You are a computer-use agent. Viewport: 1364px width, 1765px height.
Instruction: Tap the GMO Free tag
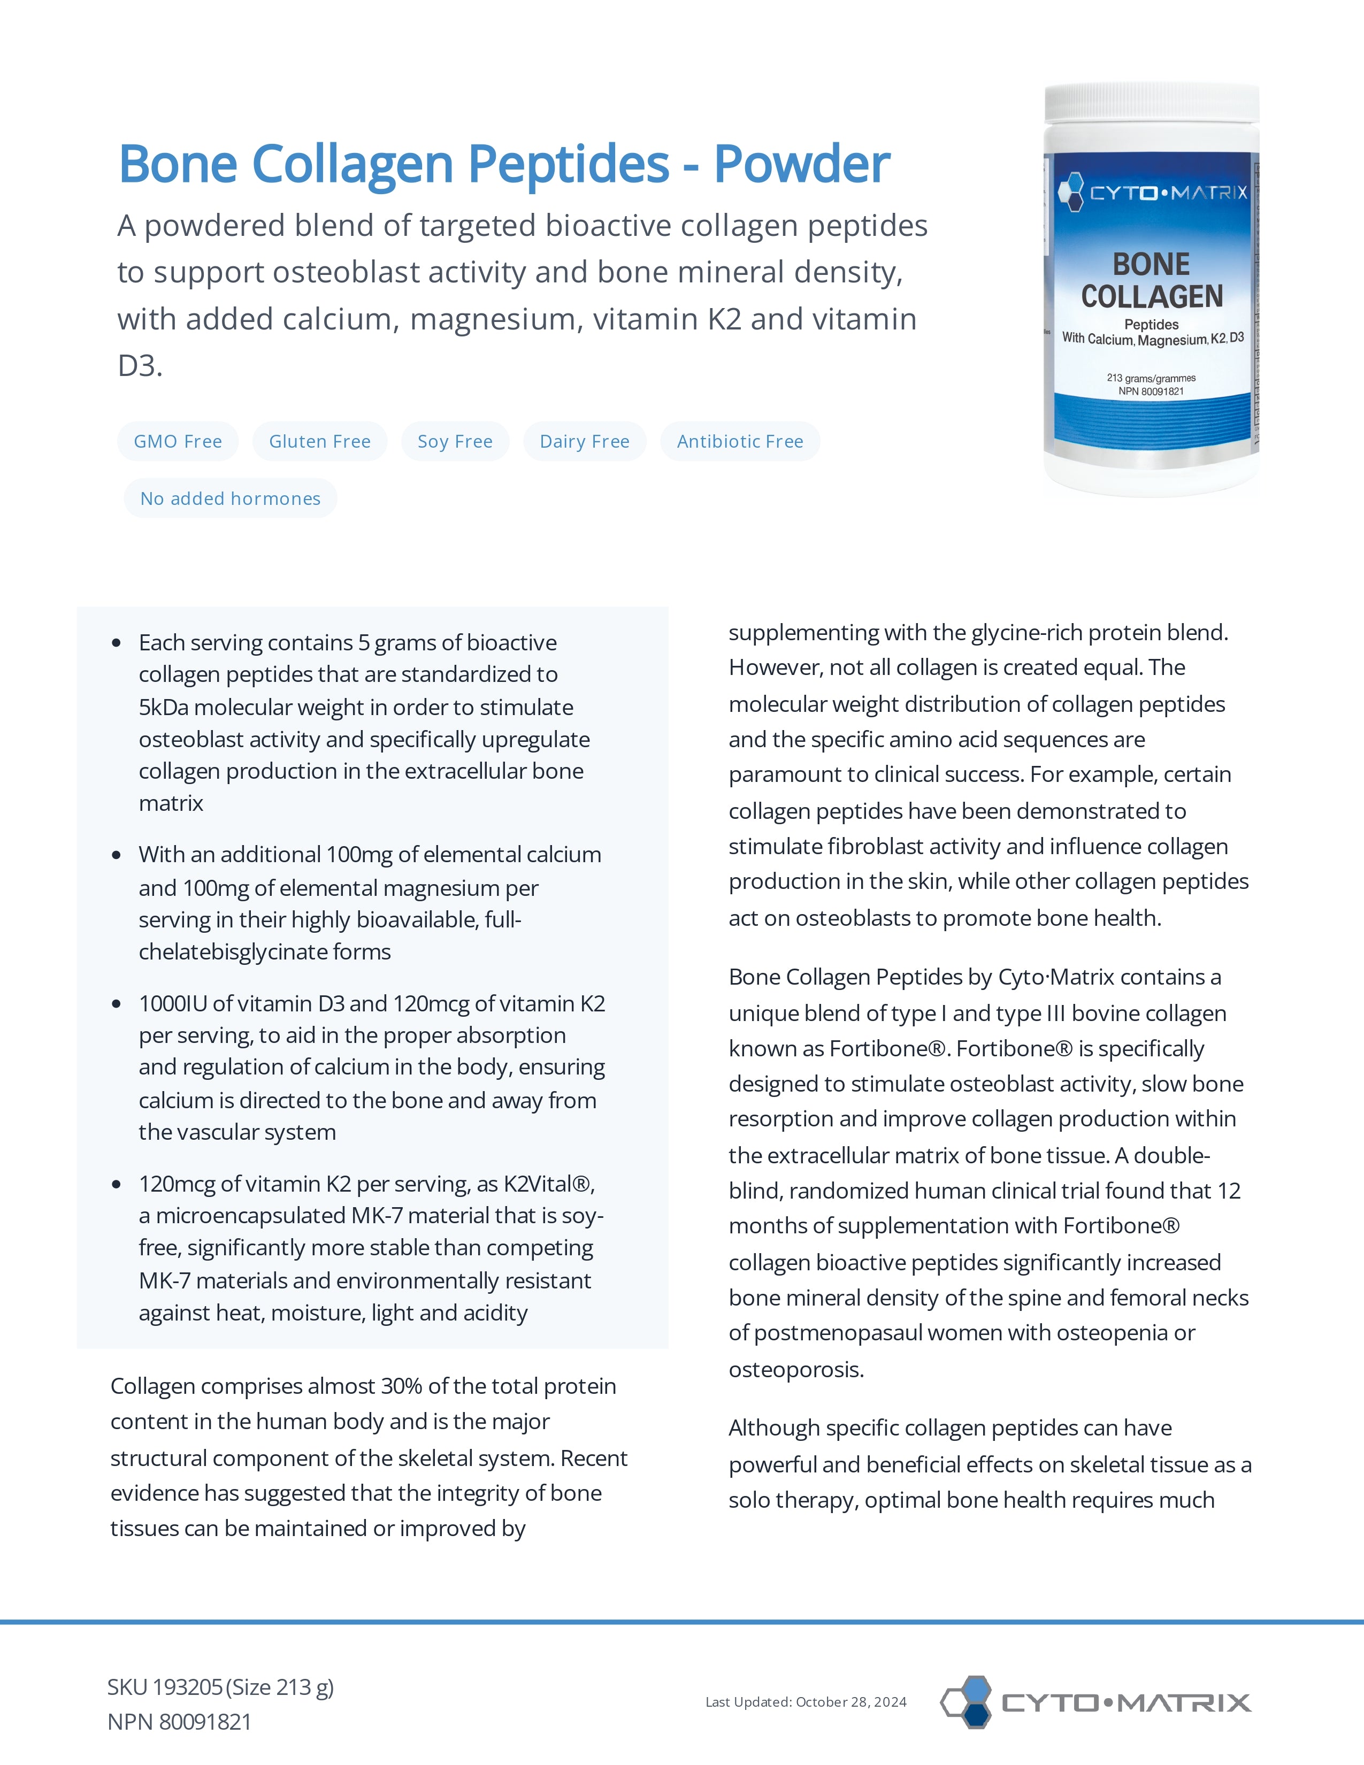point(178,441)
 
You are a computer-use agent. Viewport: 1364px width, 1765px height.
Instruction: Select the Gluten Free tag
point(319,441)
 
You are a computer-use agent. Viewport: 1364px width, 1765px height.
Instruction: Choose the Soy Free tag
point(455,441)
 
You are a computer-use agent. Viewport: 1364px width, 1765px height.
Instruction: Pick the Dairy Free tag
point(584,441)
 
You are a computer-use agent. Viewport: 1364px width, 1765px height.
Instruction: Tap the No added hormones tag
point(231,498)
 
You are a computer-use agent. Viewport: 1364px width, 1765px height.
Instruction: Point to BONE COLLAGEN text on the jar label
point(1152,280)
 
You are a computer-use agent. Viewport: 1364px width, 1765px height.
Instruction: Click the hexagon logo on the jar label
point(1071,193)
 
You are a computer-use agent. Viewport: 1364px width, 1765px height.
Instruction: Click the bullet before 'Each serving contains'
point(117,643)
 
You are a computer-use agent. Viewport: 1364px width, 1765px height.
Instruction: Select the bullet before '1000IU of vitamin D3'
point(117,1004)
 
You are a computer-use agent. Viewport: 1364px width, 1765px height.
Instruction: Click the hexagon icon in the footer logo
point(967,1702)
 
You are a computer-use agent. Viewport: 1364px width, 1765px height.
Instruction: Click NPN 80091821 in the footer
point(179,1722)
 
